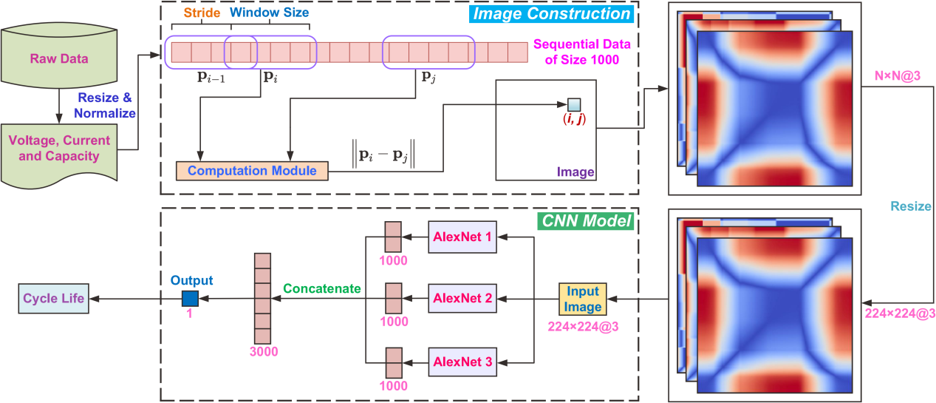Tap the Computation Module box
point(251,171)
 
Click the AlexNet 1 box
point(462,237)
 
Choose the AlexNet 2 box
point(462,299)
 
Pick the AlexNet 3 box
point(462,362)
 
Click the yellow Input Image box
point(583,299)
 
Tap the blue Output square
point(191,299)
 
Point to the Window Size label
point(268,13)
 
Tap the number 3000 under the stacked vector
point(263,352)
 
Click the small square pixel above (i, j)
point(574,104)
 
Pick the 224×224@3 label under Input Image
point(584,325)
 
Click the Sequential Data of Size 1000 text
point(574,52)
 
